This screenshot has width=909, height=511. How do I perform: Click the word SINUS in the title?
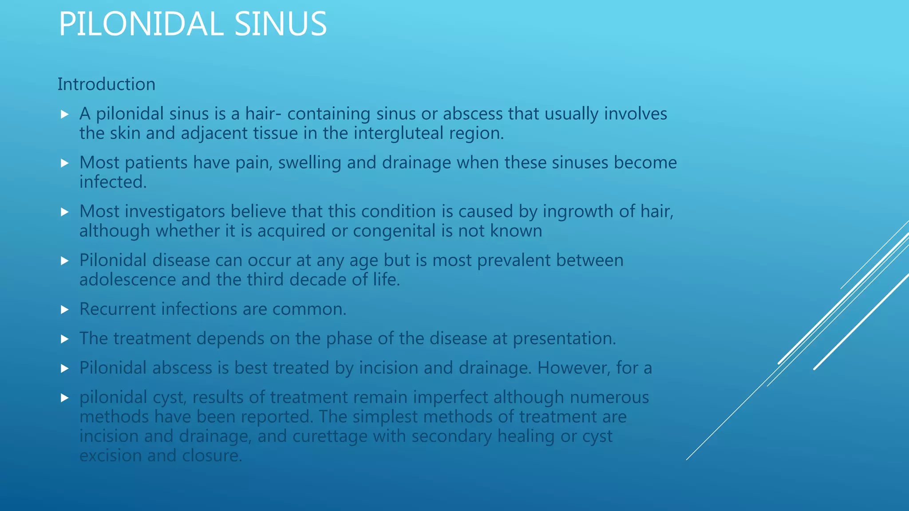click(x=281, y=24)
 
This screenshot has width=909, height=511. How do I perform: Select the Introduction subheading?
click(x=107, y=84)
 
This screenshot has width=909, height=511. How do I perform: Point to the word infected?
click(x=113, y=182)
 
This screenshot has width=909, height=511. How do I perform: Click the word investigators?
click(x=175, y=212)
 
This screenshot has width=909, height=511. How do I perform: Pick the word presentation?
click(x=564, y=339)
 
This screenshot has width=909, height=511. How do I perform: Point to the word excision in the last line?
click(x=111, y=456)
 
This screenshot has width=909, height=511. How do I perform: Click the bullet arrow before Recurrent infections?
click(x=65, y=310)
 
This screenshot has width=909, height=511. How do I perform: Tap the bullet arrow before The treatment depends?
click(x=65, y=339)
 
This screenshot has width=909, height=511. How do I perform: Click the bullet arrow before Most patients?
click(x=65, y=163)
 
